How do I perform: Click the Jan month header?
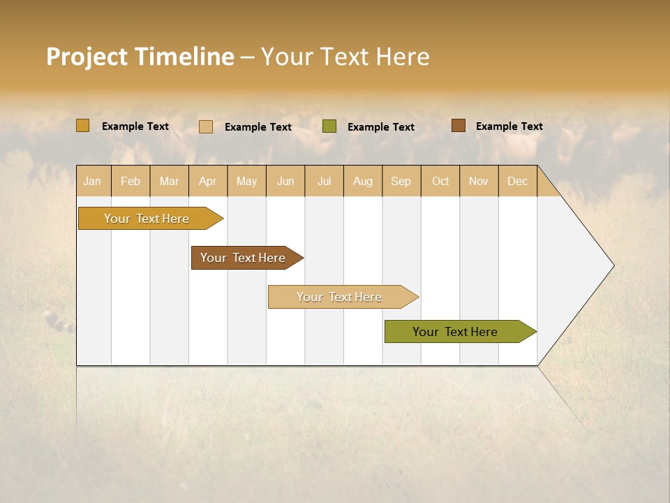coord(93,182)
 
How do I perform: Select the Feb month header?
coord(131,182)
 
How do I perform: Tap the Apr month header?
coord(208,182)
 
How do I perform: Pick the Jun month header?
coord(285,182)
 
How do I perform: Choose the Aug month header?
coord(363,182)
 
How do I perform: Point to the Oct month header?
coord(440,182)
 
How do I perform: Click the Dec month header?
coord(518,182)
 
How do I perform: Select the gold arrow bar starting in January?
coord(147,219)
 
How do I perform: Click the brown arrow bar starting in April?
coord(243,258)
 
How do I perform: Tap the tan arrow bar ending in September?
coord(339,297)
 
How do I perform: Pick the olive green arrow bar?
coord(455,332)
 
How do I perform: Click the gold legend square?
coord(83,126)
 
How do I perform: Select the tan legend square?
coord(206,126)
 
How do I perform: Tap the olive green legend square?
coord(329,126)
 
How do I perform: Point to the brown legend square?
coord(459,126)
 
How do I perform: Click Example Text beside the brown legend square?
coord(509,126)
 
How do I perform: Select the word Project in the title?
coord(86,57)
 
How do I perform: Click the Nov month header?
coord(479,182)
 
